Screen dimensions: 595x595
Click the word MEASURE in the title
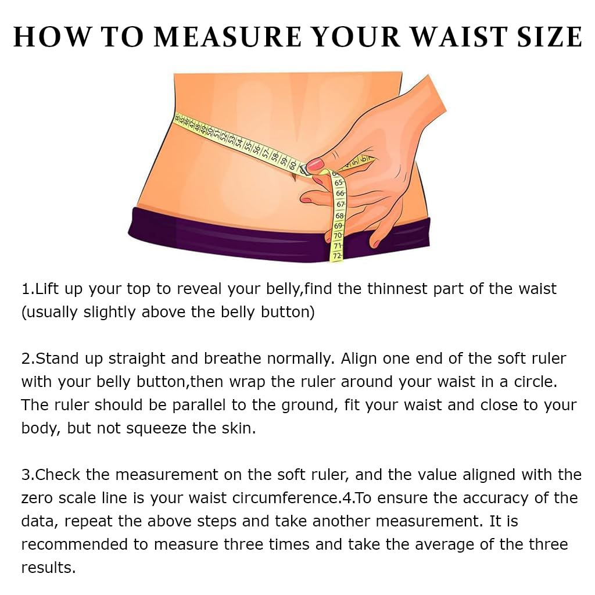pyautogui.click(x=228, y=37)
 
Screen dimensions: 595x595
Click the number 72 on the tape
pyautogui.click(x=337, y=256)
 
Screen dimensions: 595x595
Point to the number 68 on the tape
pyautogui.click(x=339, y=216)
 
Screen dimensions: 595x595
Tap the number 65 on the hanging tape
pyautogui.click(x=339, y=182)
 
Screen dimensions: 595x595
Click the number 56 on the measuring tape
pyautogui.click(x=256, y=148)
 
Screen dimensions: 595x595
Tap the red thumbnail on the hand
pyautogui.click(x=316, y=164)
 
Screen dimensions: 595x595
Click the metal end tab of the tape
pyautogui.click(x=304, y=169)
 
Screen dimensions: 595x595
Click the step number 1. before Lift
pyautogui.click(x=28, y=289)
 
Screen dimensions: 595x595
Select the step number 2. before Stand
pyautogui.click(x=28, y=359)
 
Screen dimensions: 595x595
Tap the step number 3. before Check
pyautogui.click(x=28, y=475)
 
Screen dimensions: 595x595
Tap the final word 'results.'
pyautogui.click(x=49, y=568)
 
